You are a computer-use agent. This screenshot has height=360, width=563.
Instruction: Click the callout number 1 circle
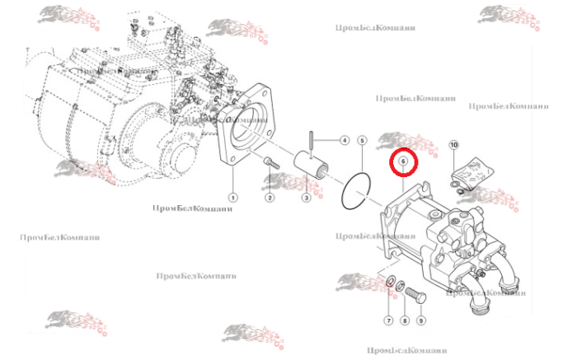click(x=233, y=198)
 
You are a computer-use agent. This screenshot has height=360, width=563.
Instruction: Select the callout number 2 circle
click(x=270, y=198)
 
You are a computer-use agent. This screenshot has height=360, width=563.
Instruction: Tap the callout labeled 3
click(x=306, y=198)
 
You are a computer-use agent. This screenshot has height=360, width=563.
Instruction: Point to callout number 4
click(x=345, y=140)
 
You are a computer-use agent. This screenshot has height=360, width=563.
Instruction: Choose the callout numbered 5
click(x=362, y=141)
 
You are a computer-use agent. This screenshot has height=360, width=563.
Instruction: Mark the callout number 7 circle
click(x=387, y=320)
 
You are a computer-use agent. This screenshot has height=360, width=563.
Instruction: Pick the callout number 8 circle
click(x=404, y=320)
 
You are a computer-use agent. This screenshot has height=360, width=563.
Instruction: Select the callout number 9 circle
click(x=420, y=320)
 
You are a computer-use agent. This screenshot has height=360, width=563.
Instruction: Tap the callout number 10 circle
click(x=453, y=145)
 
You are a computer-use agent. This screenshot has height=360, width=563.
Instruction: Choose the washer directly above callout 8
click(x=401, y=288)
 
